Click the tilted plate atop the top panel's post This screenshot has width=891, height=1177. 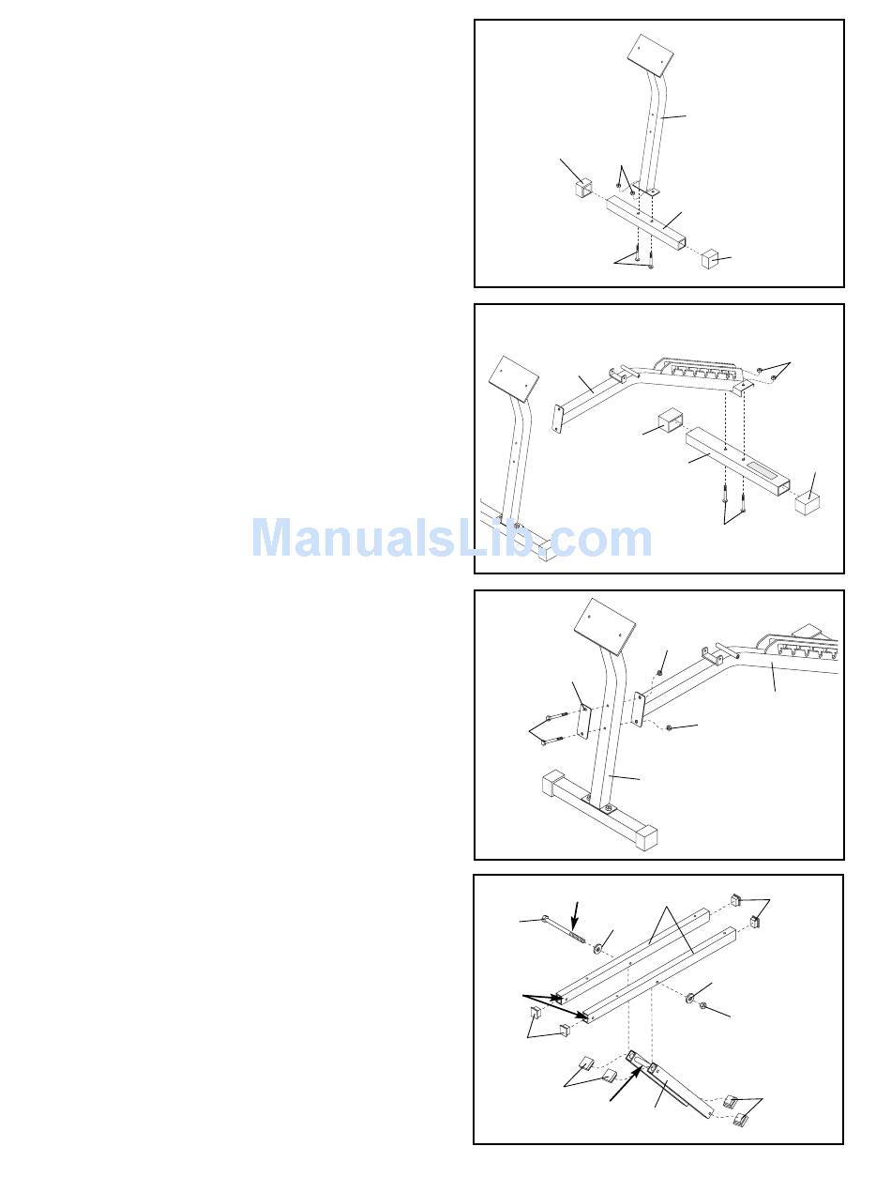tap(653, 53)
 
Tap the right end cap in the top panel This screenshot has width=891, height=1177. tap(716, 258)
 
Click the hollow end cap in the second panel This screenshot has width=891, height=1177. tap(667, 421)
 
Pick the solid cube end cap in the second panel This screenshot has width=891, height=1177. tap(808, 505)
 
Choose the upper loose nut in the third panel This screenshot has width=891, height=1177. tap(662, 672)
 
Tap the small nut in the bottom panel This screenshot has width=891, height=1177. tap(704, 1006)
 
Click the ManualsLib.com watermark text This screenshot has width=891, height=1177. tap(451, 539)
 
